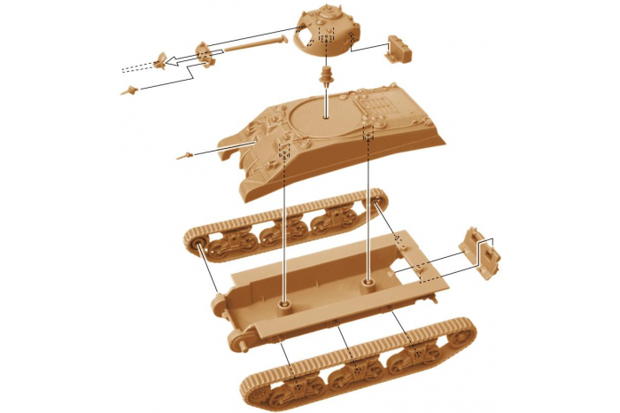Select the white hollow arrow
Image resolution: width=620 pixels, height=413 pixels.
click(x=182, y=60)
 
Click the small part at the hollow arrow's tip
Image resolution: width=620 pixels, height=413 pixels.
click(x=160, y=60)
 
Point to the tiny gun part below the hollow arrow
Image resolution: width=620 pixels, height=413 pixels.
click(x=131, y=89)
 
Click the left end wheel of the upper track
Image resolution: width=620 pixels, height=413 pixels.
click(x=198, y=243)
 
